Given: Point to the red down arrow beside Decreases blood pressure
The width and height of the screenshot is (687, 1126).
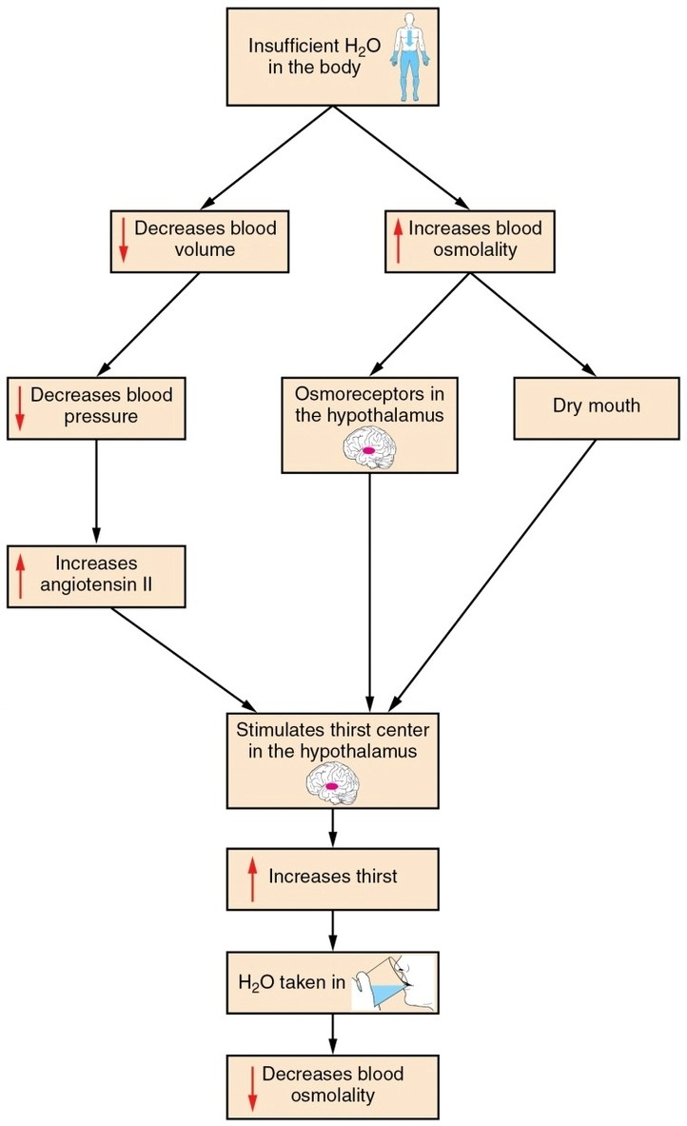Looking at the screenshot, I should tap(19, 409).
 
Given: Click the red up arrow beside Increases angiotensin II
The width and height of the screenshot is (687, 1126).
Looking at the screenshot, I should tap(19, 576).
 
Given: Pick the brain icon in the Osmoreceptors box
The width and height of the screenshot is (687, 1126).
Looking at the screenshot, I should tap(370, 446).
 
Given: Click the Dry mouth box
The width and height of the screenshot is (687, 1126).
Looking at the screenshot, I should tap(596, 406).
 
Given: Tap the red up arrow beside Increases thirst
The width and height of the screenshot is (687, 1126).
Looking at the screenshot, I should tap(252, 877).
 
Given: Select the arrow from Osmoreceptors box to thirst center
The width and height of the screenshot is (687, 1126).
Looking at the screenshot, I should tap(369, 590).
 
